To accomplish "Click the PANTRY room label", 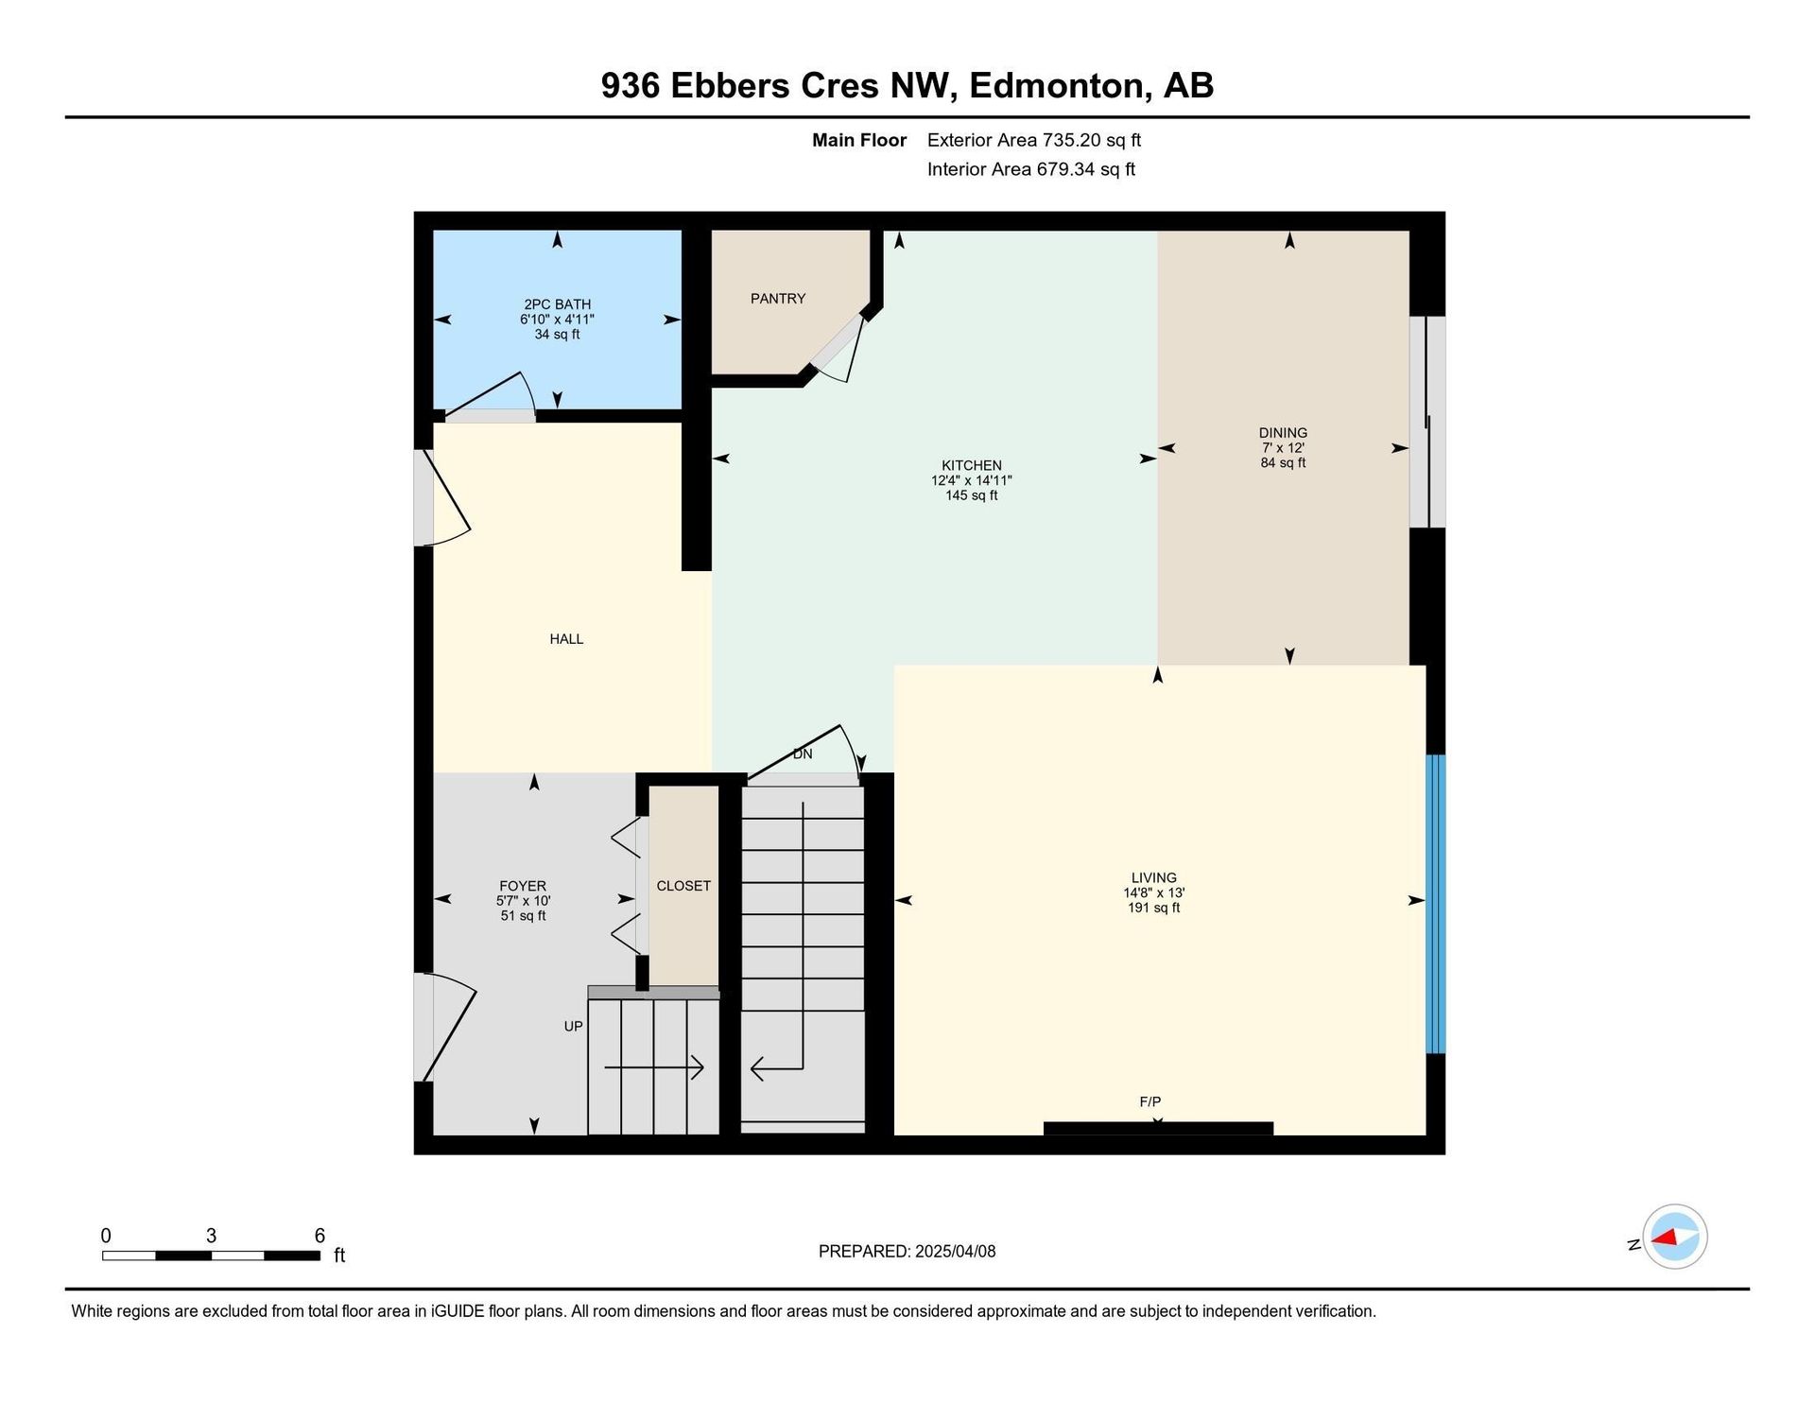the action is tap(778, 299).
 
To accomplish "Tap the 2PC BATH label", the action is tap(558, 304).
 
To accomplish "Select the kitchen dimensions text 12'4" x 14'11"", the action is tap(972, 480).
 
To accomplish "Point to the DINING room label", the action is tap(1283, 433).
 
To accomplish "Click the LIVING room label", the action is tap(1154, 877).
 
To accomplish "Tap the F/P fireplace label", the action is tap(1150, 1101).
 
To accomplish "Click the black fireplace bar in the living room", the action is tap(1158, 1128).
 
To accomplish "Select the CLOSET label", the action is tap(683, 886).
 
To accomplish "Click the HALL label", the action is tap(566, 639).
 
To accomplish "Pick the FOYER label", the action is tap(523, 886).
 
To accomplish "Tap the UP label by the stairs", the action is tap(574, 1026).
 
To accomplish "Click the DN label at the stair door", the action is tap(803, 754).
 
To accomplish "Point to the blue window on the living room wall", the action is tap(1435, 904).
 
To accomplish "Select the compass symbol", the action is tap(1674, 1237).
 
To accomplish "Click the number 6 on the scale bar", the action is tap(320, 1236).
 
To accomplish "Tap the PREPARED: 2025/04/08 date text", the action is tap(907, 1252).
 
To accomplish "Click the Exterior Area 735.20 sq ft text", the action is tap(1034, 140).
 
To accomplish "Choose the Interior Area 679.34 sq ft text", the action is tap(1031, 169).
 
